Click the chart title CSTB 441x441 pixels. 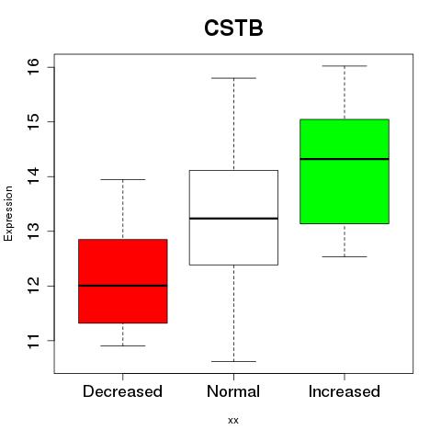[x=233, y=28]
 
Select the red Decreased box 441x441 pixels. [x=123, y=281]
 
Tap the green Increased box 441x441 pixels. [x=345, y=172]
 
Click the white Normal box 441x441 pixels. [x=233, y=218]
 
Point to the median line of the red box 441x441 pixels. [x=123, y=286]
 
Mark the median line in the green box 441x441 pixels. [x=345, y=159]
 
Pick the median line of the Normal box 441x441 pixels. [x=233, y=219]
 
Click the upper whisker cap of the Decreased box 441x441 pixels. [x=123, y=179]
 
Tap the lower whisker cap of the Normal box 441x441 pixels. [x=233, y=361]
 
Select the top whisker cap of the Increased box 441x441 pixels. [x=345, y=66]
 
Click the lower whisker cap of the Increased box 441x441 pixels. [x=345, y=256]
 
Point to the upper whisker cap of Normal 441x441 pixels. [x=233, y=78]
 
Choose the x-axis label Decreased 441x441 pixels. [x=122, y=391]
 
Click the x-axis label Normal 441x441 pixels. [x=233, y=391]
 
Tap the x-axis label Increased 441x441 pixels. [x=345, y=391]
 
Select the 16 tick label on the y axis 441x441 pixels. [x=33, y=66]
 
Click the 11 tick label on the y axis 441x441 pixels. [x=33, y=341]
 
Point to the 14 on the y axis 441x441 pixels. [x=33, y=176]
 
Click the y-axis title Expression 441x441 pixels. [x=8, y=213]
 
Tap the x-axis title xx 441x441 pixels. [x=233, y=421]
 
